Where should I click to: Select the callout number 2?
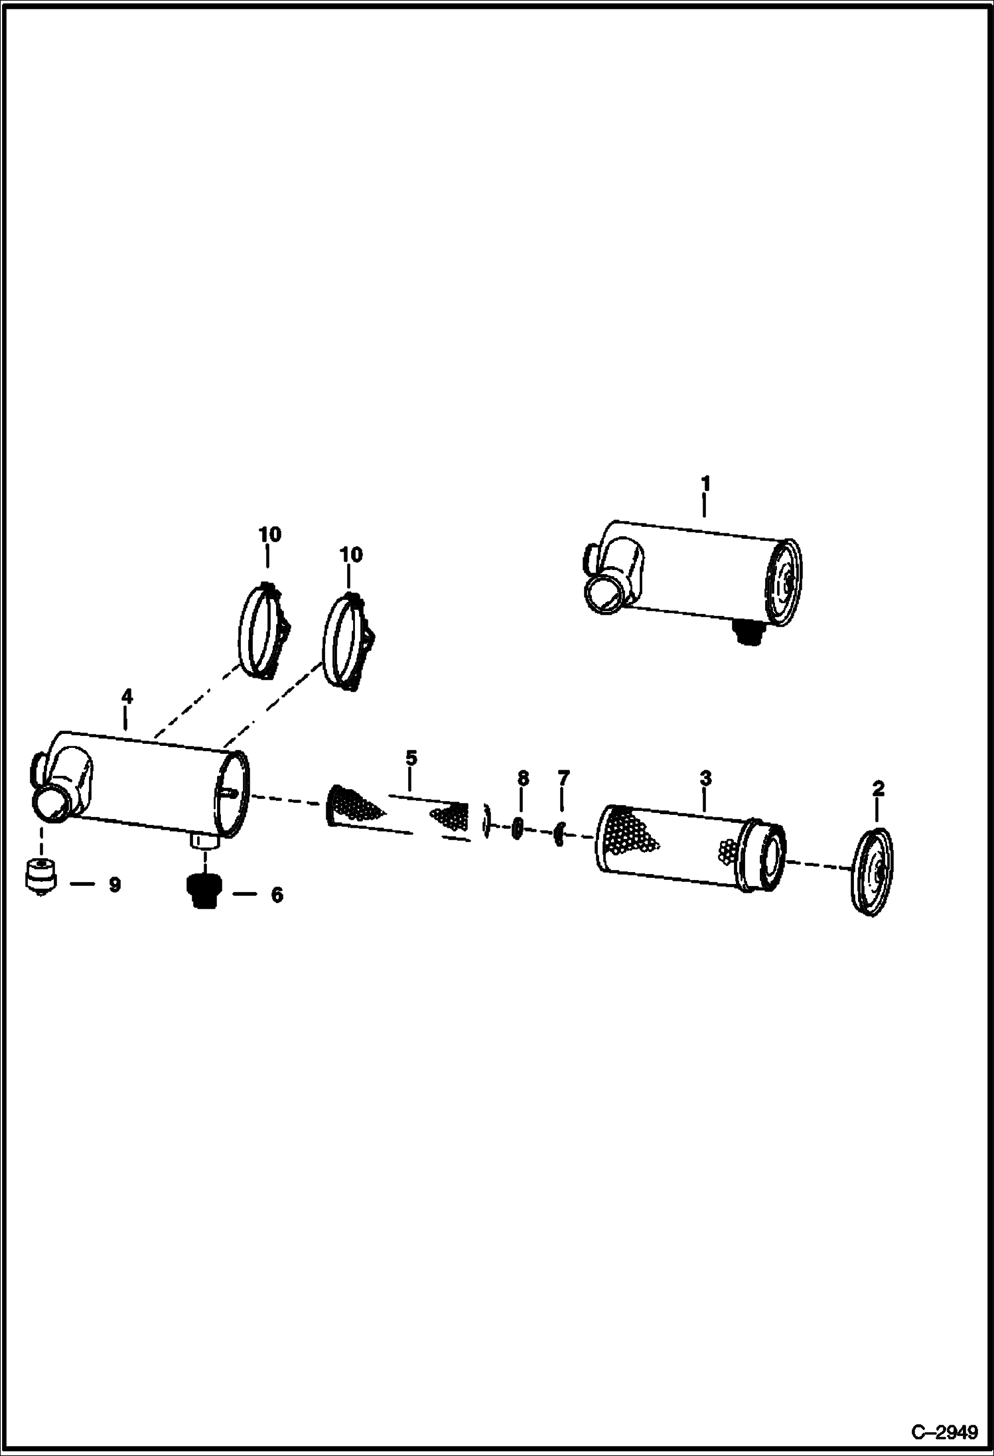click(878, 789)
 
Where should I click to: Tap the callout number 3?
click(705, 778)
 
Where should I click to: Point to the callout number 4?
click(127, 696)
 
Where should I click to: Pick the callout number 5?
click(411, 757)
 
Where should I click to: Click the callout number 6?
click(277, 895)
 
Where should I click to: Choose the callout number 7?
click(563, 778)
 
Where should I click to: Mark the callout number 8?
click(523, 778)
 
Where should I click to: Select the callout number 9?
click(115, 885)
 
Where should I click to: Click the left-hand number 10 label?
click(269, 534)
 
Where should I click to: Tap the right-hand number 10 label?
click(351, 554)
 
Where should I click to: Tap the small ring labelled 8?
click(518, 829)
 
